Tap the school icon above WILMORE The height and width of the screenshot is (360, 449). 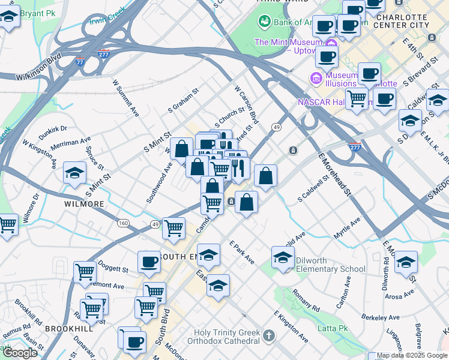pyautogui.click(x=74, y=173)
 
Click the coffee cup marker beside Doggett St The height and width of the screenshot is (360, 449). pyautogui.click(x=149, y=262)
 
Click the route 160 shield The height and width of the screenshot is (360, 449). pyautogui.click(x=123, y=223)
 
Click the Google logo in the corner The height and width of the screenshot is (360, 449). pyautogui.click(x=19, y=353)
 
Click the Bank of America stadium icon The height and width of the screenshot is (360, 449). pyautogui.click(x=264, y=22)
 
